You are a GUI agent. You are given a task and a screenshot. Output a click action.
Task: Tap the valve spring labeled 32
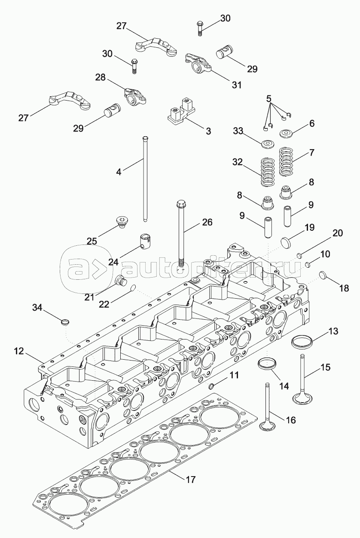[268, 172]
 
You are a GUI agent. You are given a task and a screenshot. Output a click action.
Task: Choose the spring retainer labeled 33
[268, 143]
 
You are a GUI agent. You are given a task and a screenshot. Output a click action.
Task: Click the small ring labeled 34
[65, 322]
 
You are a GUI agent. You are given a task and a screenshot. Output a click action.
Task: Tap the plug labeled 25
[123, 222]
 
